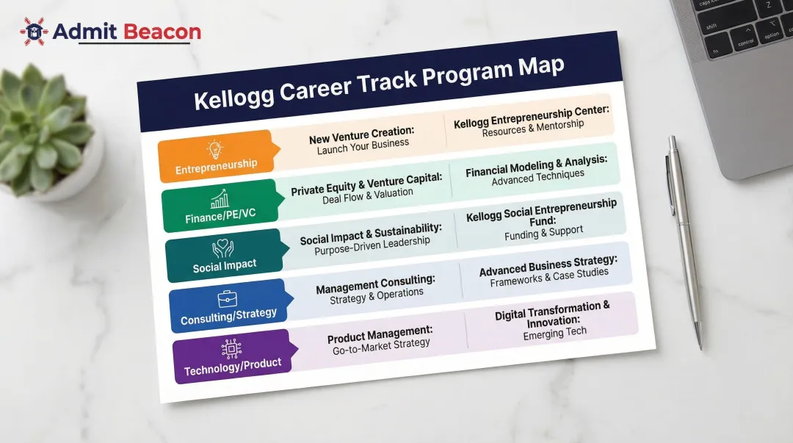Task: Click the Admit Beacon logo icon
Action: point(34,31)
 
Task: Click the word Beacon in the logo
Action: point(162,32)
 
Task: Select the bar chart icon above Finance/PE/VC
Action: point(219,200)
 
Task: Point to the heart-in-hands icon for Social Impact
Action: point(222,248)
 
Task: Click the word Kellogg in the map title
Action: point(234,97)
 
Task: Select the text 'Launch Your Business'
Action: point(363,145)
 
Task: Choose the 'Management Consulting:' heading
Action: point(375,285)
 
